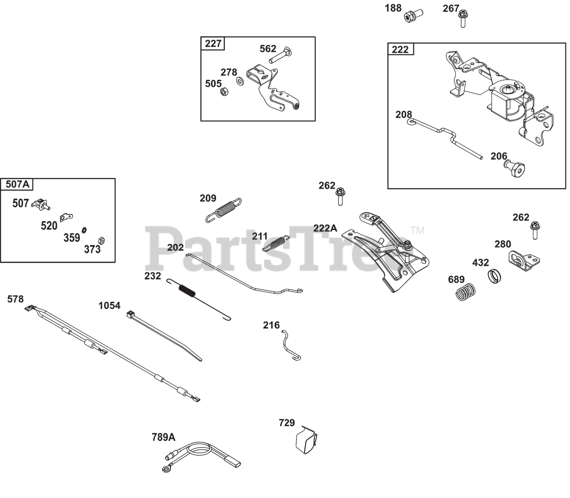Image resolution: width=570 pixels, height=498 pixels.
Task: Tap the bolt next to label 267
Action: pyautogui.click(x=463, y=19)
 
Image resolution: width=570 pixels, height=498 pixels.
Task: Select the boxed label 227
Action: pyautogui.click(x=213, y=43)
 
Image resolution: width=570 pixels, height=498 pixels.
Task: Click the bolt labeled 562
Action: pyautogui.click(x=281, y=57)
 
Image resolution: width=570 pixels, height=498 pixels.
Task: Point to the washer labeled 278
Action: pyautogui.click(x=240, y=81)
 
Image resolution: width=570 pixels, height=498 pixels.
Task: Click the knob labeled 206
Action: pyautogui.click(x=516, y=169)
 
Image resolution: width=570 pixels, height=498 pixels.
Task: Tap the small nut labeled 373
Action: pyautogui.click(x=101, y=241)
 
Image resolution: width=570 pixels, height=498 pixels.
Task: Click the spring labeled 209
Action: pyautogui.click(x=225, y=209)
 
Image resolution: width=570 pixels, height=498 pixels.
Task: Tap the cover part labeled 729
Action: pyautogui.click(x=306, y=439)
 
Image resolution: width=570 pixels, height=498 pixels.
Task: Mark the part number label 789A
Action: pyautogui.click(x=163, y=437)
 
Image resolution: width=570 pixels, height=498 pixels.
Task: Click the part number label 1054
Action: pyautogui.click(x=109, y=305)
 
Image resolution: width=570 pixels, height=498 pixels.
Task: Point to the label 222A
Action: pyautogui.click(x=325, y=228)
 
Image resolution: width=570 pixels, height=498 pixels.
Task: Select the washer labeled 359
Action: pyautogui.click(x=84, y=230)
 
